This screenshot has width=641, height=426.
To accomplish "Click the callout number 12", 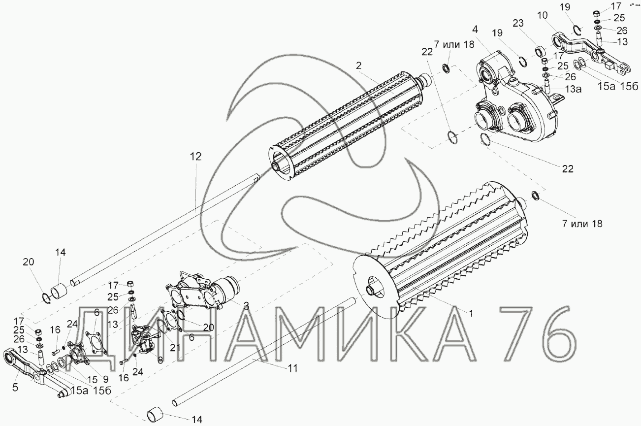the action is [196, 157].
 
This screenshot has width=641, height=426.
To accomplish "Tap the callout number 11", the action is [293, 368].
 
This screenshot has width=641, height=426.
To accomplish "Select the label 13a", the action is [573, 89].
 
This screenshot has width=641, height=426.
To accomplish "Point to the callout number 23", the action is [518, 23].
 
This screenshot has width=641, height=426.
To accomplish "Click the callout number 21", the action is [175, 348].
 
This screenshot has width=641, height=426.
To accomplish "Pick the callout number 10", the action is [542, 15].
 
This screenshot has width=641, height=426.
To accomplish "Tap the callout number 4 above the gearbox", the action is [475, 30].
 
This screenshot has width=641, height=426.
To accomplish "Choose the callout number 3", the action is [246, 306].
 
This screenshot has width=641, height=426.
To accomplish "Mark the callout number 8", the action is [160, 360].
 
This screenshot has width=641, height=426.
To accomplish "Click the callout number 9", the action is [105, 379].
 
